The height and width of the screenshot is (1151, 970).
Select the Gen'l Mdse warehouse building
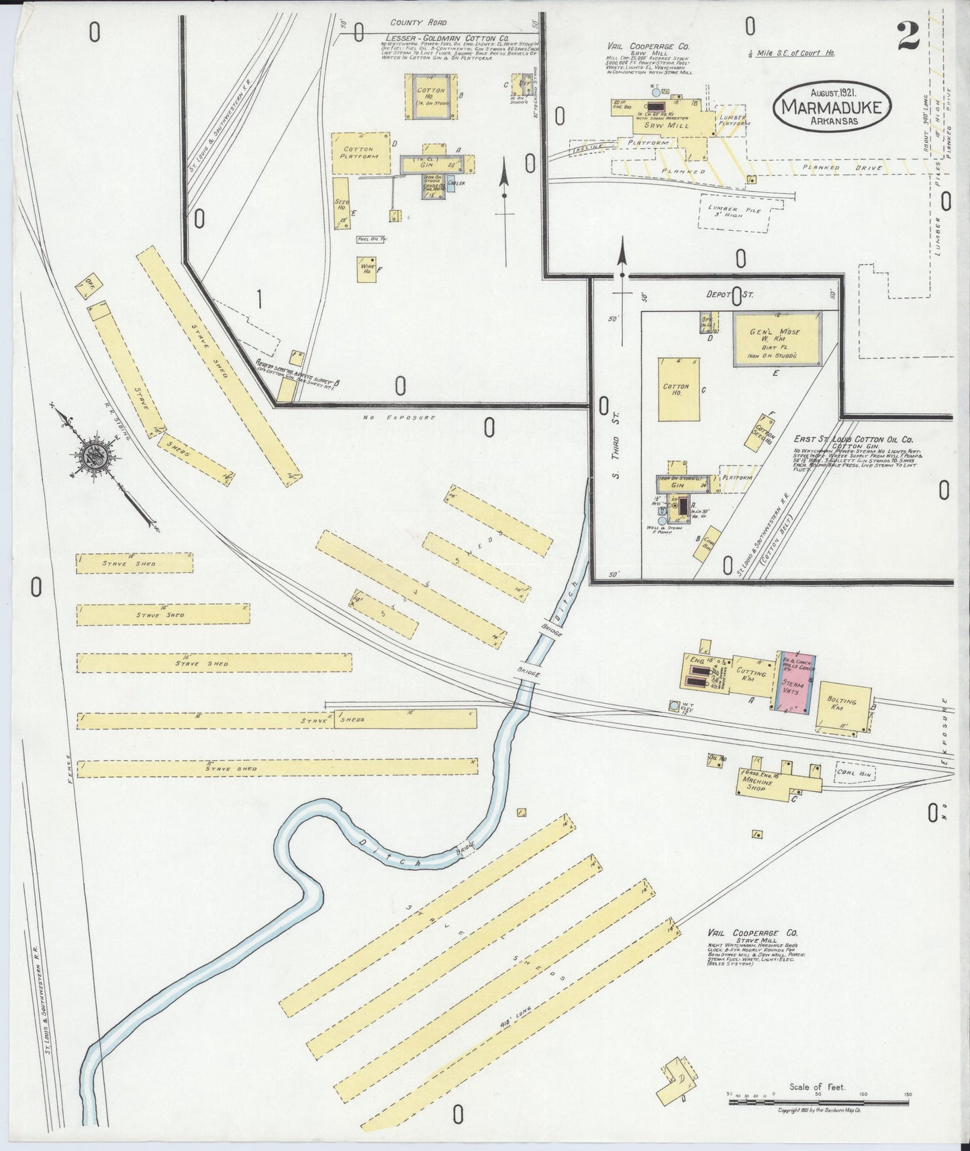777,338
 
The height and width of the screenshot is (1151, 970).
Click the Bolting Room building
842,707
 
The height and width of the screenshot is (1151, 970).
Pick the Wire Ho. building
367,269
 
